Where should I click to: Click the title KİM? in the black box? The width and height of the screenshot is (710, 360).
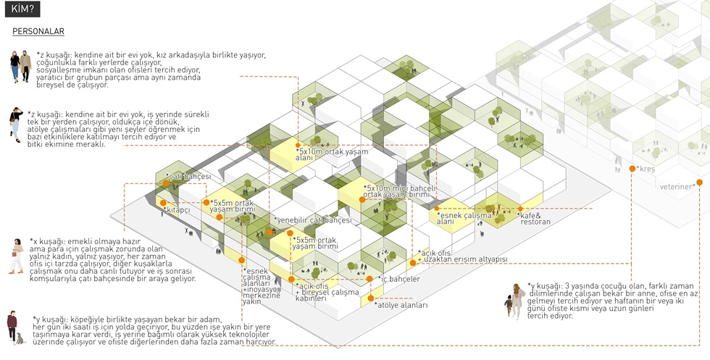[x=25, y=9]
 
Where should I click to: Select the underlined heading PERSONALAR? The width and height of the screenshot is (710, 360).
[x=38, y=32]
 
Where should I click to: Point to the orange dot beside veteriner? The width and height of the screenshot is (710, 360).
[x=700, y=183]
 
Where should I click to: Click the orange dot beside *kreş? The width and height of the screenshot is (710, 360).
[x=632, y=169]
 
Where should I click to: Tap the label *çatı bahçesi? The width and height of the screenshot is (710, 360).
[x=188, y=177]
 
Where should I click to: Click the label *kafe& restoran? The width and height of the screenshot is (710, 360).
[x=535, y=218]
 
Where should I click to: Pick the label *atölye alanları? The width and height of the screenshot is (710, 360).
[x=401, y=305]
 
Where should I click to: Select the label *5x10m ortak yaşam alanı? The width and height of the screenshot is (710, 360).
[x=332, y=154]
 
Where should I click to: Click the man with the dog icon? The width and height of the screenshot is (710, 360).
[x=12, y=327]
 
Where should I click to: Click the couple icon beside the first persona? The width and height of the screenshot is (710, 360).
[x=20, y=66]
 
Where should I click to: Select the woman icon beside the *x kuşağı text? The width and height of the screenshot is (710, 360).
[x=16, y=257]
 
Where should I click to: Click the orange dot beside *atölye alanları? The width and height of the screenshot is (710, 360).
[x=370, y=298]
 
